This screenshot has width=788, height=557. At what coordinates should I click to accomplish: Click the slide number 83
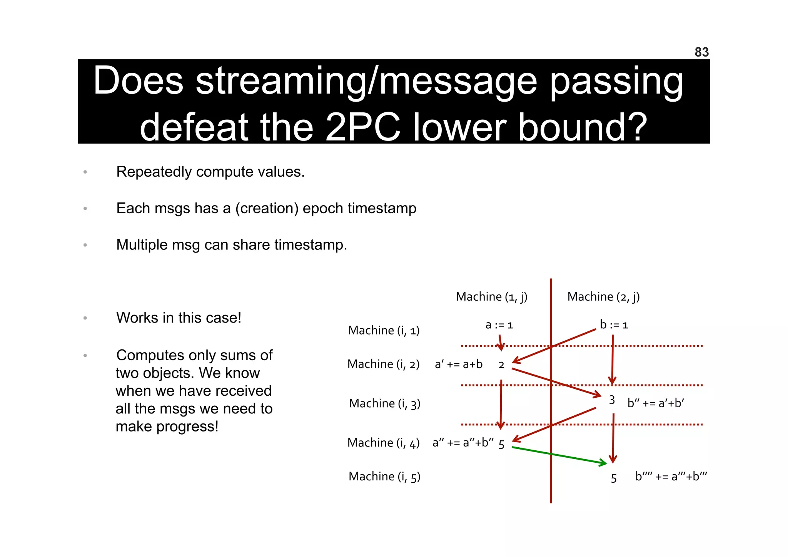[701, 52]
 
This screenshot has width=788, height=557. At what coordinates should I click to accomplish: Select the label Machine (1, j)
[491, 297]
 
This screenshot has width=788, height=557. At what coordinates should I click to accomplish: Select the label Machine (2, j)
[603, 297]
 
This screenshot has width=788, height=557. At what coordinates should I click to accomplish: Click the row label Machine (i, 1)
[384, 330]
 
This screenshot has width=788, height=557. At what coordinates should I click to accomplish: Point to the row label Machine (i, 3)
[384, 403]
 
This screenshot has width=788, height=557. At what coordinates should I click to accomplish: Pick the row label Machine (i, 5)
[384, 477]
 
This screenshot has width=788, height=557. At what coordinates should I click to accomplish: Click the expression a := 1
[499, 325]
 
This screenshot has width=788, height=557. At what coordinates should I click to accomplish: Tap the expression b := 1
[614, 325]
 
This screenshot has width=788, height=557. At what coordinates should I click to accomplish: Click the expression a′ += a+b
[458, 364]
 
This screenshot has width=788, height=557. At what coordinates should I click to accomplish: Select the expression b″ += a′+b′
[655, 403]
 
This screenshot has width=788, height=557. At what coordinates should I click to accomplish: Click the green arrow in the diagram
[558, 455]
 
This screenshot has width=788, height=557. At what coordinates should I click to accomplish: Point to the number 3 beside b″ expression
[612, 400]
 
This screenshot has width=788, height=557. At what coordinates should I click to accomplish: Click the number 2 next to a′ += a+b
[501, 365]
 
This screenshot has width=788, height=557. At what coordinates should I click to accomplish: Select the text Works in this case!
[179, 318]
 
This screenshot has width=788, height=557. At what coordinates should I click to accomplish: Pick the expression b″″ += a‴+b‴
[671, 477]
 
